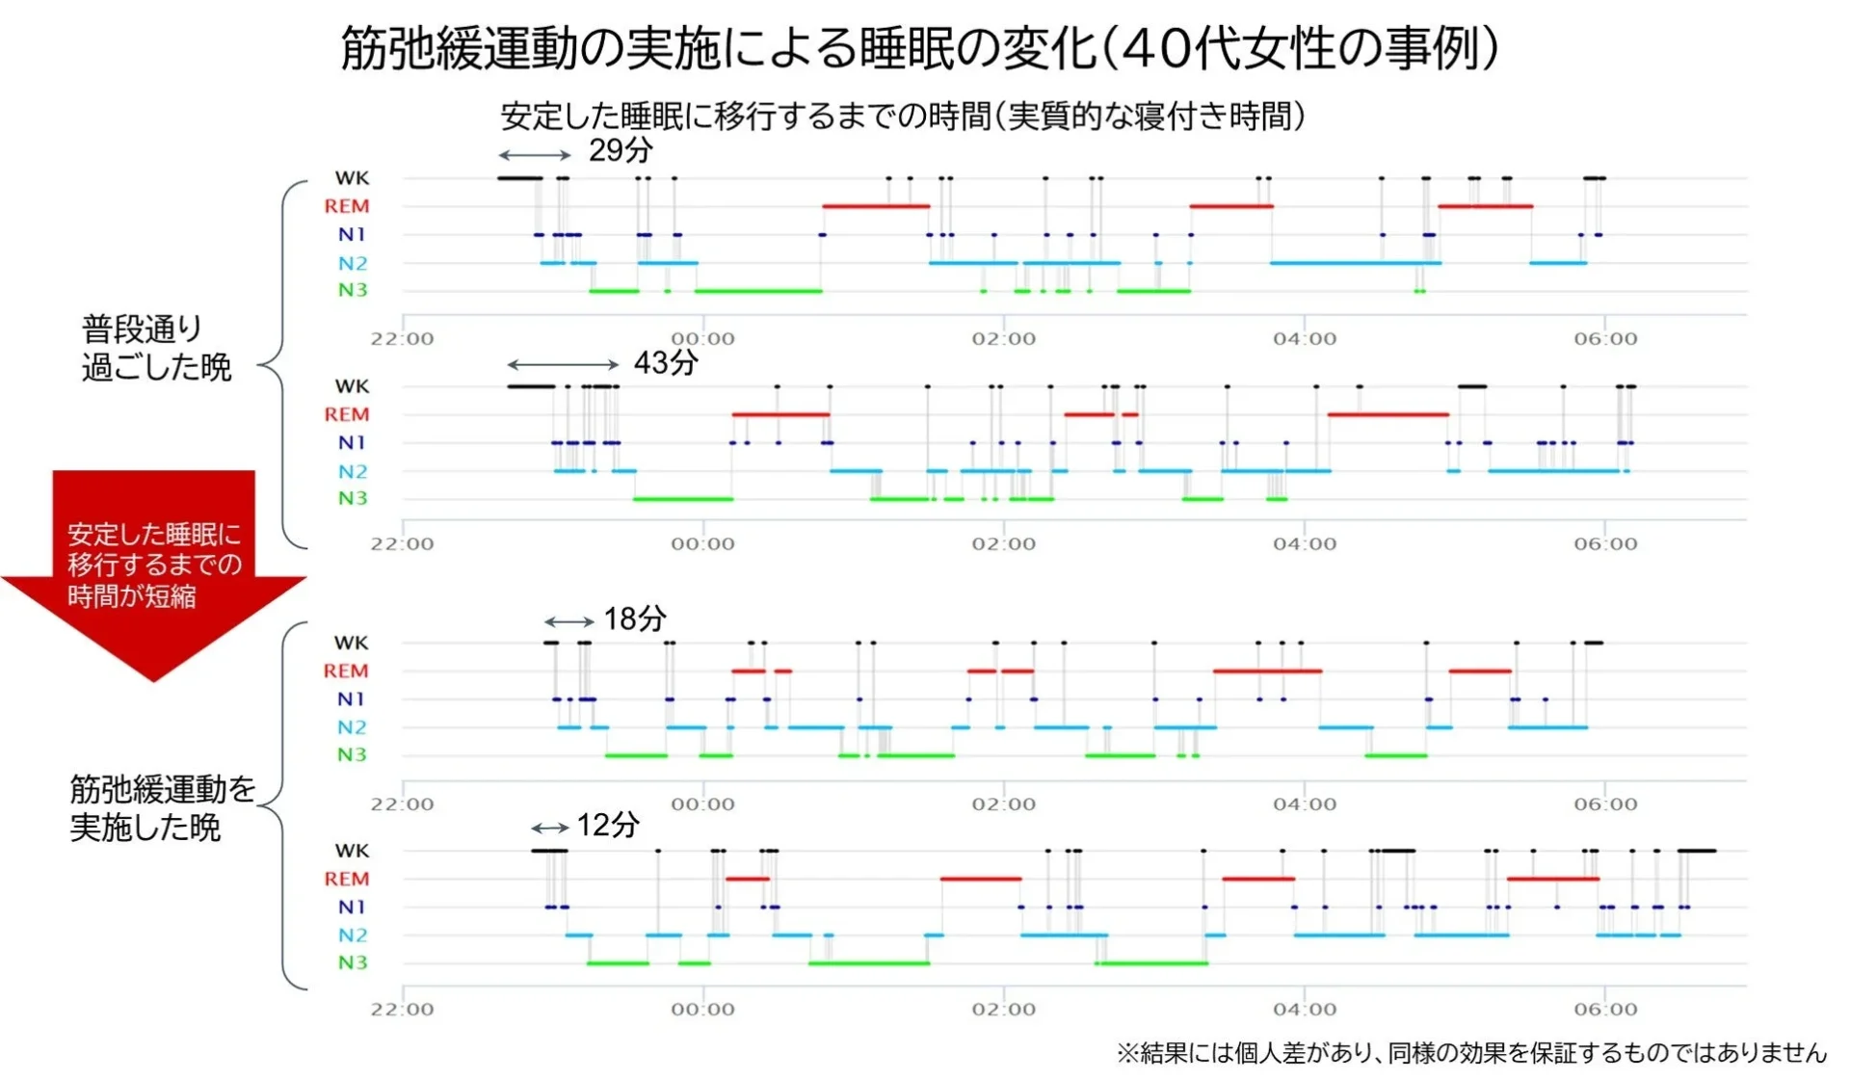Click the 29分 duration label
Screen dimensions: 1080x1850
621,150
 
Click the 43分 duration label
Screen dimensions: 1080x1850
665,363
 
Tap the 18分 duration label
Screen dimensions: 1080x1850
634,619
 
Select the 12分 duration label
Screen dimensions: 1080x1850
607,825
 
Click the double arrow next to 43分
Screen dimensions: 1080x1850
563,364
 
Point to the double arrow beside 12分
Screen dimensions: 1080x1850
549,828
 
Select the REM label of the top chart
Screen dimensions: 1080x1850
346,206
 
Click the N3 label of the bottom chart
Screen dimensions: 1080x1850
352,962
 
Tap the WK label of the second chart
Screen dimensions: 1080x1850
352,386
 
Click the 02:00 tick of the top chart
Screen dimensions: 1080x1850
1003,338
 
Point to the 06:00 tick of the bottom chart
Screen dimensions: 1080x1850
1605,1009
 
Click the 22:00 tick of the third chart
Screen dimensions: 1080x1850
402,803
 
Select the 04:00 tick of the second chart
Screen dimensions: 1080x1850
1304,543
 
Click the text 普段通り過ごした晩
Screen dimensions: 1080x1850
156,348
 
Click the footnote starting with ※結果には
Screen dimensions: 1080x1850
1470,1053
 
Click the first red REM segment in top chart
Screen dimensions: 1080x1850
875,206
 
